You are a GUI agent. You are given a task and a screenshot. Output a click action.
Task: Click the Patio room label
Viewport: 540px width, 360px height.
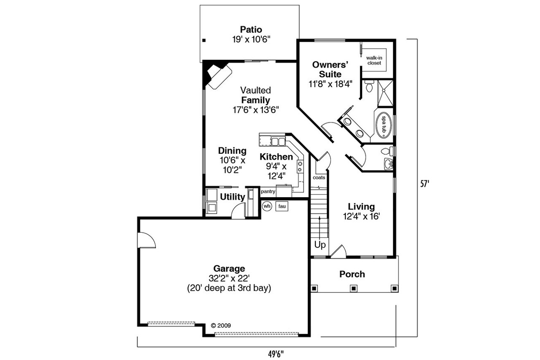pos(251,29)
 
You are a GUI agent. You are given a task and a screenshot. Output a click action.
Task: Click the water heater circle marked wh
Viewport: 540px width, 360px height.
pos(267,206)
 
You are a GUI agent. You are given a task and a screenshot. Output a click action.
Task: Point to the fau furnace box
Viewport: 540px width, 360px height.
pos(282,206)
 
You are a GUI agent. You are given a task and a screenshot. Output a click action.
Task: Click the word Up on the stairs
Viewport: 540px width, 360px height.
pos(320,245)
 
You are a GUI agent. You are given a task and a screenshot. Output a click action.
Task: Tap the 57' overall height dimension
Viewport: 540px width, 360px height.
pos(425,184)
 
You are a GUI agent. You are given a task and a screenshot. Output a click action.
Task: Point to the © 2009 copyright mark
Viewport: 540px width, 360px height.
pos(221,326)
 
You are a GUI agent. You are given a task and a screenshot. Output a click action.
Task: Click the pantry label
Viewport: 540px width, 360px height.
pos(268,191)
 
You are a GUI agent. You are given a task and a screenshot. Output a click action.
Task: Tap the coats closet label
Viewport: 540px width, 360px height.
pos(319,178)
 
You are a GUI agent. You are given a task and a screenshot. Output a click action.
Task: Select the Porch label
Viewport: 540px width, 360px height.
pos(352,274)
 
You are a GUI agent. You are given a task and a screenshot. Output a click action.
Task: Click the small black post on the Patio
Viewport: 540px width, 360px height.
pos(204,40)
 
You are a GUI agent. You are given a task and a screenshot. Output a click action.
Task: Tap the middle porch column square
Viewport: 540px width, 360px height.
pos(352,288)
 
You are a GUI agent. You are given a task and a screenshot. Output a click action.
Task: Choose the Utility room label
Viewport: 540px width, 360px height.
pos(232,197)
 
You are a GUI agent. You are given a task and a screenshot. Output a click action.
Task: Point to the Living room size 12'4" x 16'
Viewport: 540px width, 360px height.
pos(362,216)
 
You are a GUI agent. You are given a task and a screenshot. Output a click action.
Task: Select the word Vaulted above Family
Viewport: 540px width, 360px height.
pos(255,90)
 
